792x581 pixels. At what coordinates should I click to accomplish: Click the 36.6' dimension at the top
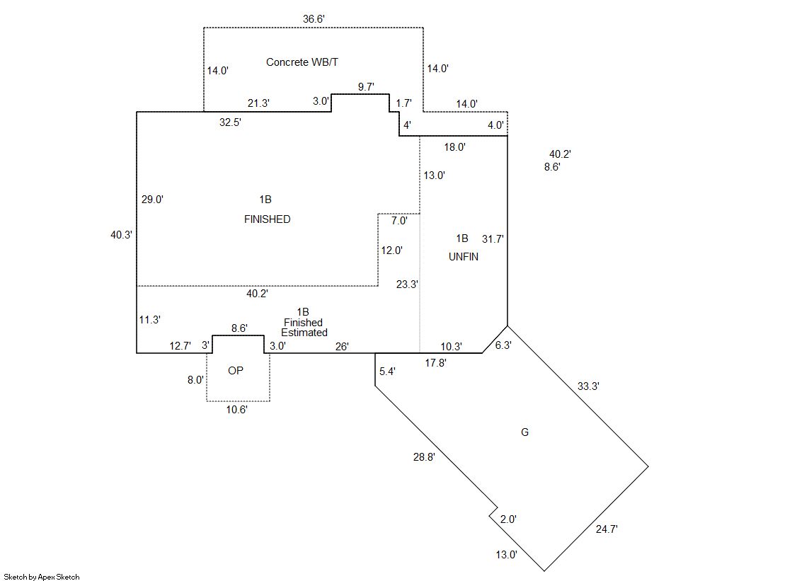tap(314, 19)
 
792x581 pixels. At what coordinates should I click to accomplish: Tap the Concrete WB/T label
tap(302, 62)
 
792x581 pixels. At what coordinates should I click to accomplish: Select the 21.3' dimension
tap(258, 103)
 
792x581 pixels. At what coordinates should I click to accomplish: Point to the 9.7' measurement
tap(366, 87)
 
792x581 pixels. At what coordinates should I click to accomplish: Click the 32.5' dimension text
tap(230, 122)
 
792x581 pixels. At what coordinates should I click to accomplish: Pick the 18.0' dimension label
tap(454, 147)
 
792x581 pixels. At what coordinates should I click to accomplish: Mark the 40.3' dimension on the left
tap(121, 235)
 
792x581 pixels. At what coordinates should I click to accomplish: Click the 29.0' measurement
tap(152, 200)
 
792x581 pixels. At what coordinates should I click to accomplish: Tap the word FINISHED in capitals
tap(267, 219)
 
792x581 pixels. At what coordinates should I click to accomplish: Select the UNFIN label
tap(464, 257)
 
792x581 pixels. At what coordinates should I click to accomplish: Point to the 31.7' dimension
tap(493, 239)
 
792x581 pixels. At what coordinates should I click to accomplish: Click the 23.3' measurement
tap(407, 284)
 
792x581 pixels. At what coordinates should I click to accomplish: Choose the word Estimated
tap(304, 333)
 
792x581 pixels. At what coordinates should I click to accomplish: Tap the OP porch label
tap(236, 371)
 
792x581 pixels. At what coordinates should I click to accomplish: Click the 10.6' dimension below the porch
tap(236, 410)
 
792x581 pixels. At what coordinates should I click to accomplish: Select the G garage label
tap(524, 432)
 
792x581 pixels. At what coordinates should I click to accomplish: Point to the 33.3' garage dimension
tap(589, 386)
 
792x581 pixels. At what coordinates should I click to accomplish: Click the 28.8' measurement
tap(424, 457)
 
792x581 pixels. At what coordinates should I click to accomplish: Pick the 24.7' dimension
tap(607, 529)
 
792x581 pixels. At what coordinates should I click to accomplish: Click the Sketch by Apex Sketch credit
tap(41, 577)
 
